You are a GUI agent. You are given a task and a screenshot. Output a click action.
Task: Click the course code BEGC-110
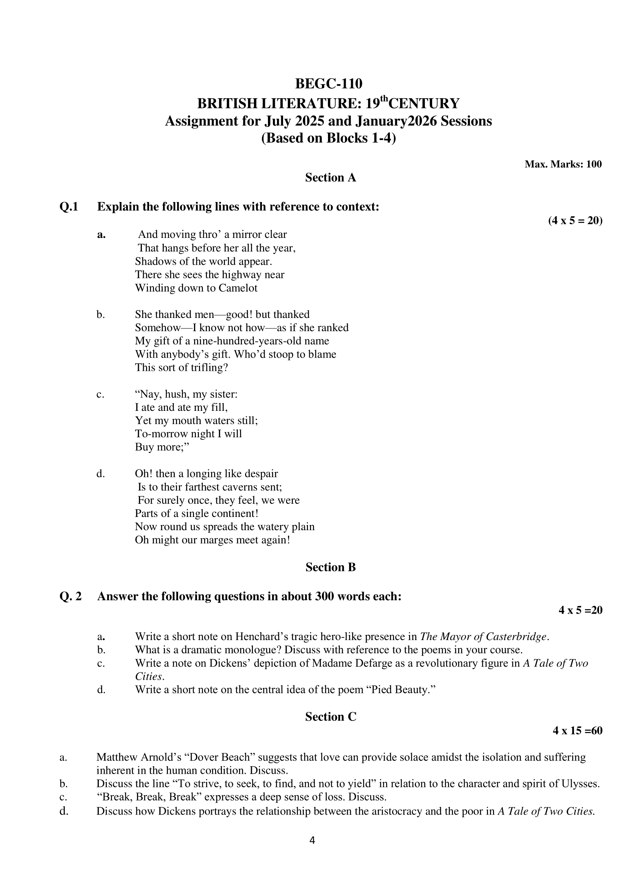328,83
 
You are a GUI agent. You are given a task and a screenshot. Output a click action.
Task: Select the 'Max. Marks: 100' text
563,164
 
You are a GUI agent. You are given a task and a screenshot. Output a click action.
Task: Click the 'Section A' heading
330,177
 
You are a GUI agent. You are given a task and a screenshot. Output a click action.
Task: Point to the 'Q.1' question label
69,207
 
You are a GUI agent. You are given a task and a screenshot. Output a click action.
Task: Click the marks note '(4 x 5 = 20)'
575,221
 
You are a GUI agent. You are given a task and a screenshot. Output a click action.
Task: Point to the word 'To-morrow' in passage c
156,434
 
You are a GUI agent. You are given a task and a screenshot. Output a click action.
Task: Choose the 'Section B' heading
330,567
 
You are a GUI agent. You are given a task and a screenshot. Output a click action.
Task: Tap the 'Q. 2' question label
71,596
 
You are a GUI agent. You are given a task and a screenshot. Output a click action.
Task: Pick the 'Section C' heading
331,716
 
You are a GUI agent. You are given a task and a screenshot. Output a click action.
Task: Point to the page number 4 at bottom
312,841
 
